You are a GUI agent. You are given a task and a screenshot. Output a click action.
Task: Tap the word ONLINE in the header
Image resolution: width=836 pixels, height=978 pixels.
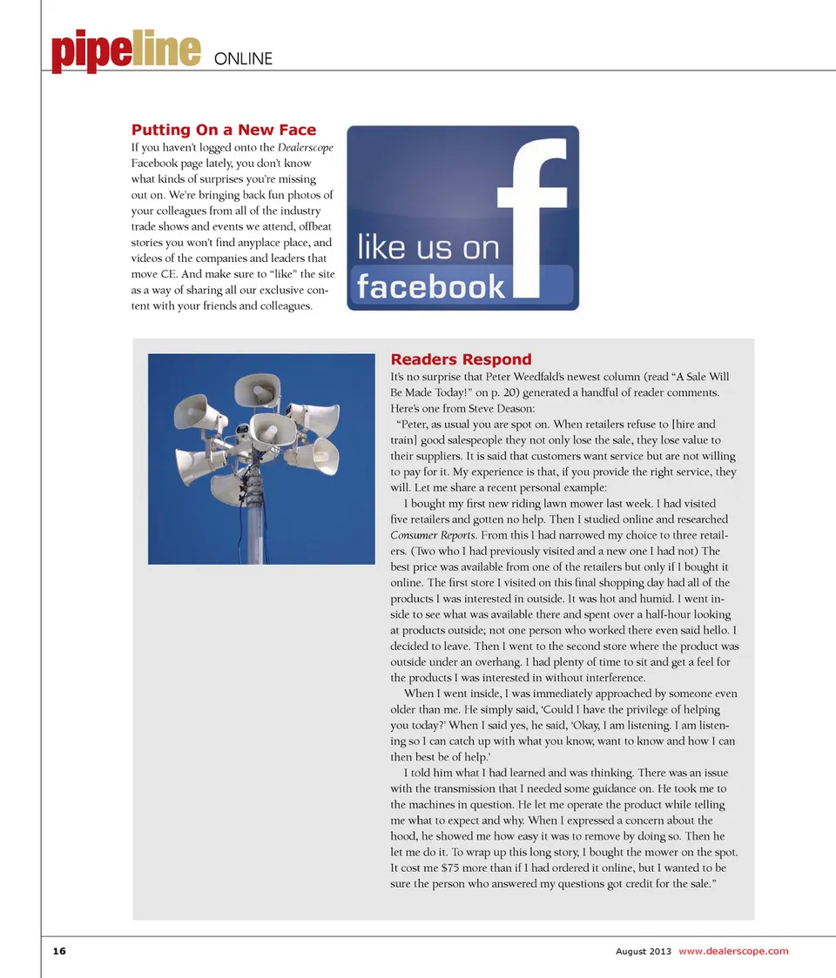243,59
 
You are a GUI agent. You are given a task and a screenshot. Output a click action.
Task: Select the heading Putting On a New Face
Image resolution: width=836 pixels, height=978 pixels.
224,130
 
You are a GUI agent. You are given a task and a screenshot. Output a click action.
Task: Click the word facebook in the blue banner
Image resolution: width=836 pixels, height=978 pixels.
431,286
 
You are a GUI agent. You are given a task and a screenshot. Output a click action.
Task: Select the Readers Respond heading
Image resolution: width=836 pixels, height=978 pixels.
461,359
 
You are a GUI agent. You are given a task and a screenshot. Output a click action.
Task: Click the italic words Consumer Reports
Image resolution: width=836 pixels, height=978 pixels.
434,534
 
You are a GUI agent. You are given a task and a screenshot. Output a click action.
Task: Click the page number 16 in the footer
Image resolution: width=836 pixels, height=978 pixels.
58,951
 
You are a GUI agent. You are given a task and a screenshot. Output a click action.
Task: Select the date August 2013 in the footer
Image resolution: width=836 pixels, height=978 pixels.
643,951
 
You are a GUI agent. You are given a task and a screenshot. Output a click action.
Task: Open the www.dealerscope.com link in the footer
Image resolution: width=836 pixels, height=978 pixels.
733,951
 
